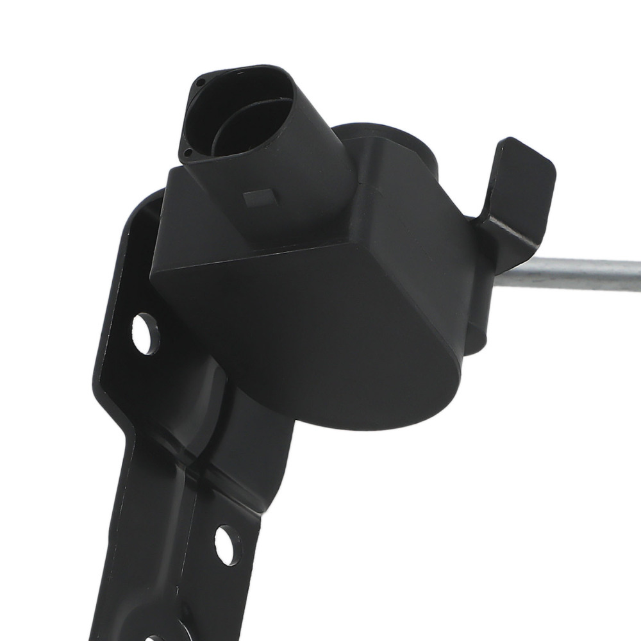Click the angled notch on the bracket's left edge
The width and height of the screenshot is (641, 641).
pyautogui.click(x=103, y=378)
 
